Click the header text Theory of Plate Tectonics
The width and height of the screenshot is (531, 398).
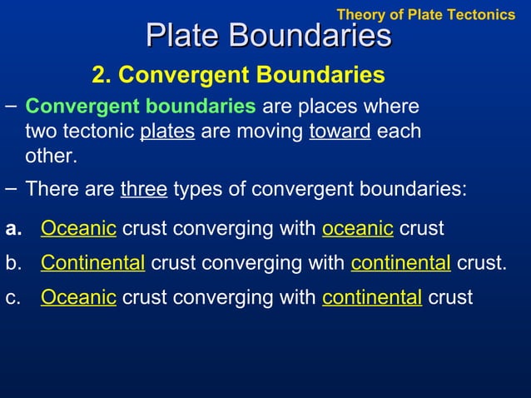point(425,14)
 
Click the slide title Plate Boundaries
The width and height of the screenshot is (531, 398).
point(268,36)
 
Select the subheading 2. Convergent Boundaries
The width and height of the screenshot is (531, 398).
point(238,76)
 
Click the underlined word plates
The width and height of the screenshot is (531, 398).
point(167,132)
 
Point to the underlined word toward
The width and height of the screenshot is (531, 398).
point(340,132)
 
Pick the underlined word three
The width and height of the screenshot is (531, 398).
point(144,189)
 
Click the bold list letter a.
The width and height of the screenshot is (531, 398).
point(13,228)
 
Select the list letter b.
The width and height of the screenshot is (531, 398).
point(13,263)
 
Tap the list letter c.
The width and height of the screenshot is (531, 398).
point(13,297)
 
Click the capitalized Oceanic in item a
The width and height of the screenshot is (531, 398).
point(78,228)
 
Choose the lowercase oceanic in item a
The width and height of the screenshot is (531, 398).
point(357,228)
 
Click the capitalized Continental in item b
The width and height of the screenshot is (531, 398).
point(92,263)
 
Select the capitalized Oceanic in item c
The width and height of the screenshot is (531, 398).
point(78,297)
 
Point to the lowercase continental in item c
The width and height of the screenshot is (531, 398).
point(372,297)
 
